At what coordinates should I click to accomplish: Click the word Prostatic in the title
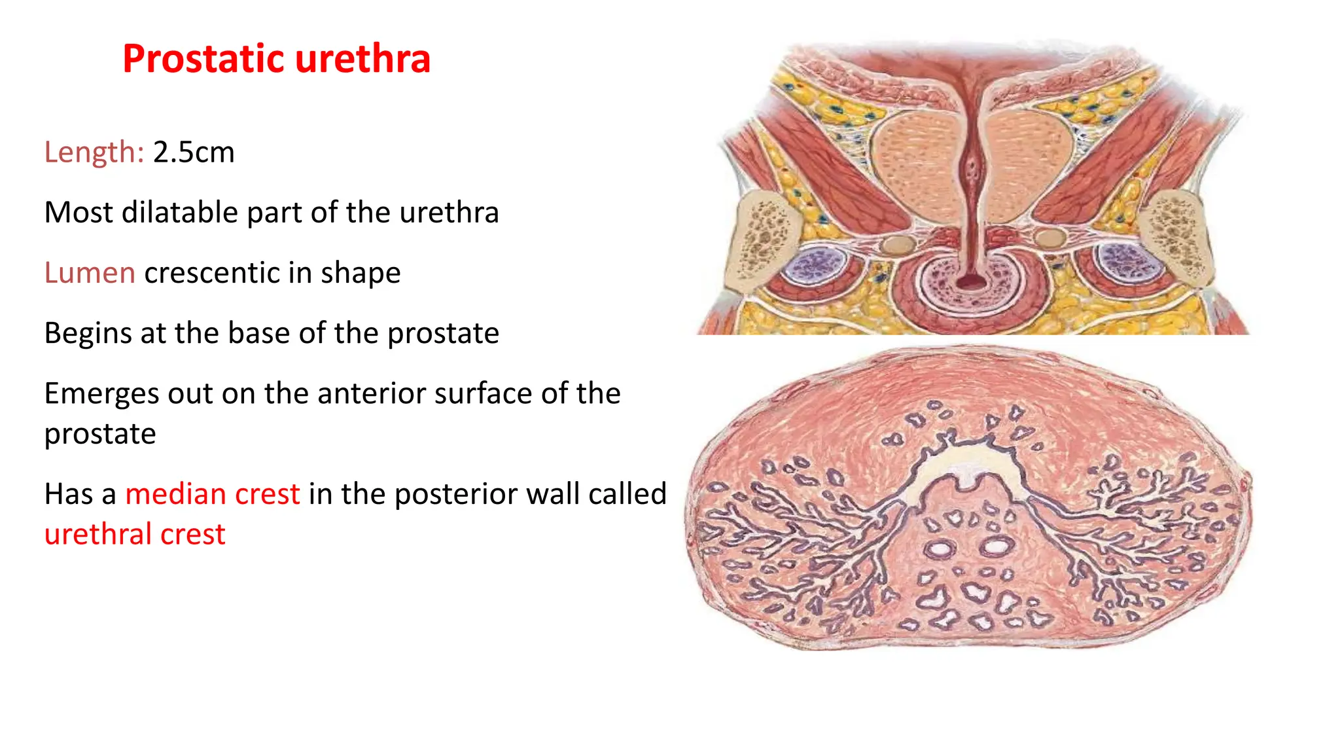point(203,59)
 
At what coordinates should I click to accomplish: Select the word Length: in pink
point(94,153)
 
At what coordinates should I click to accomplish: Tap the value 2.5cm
point(194,153)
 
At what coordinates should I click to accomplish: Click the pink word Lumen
point(90,273)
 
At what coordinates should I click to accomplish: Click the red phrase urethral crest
point(135,535)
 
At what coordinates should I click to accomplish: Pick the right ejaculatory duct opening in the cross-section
point(995,546)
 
